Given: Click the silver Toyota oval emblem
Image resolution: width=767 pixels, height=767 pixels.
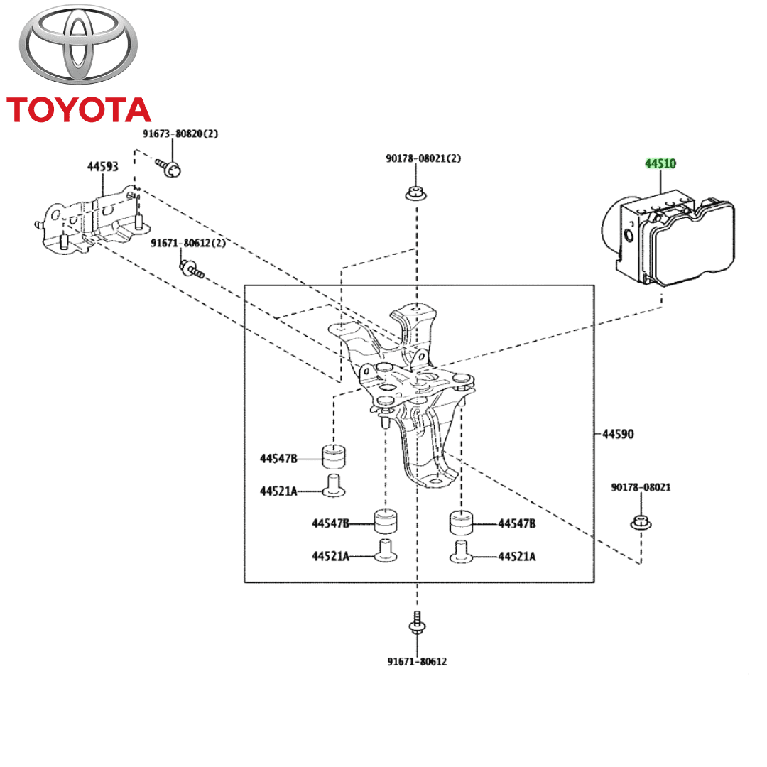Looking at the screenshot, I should (x=78, y=48).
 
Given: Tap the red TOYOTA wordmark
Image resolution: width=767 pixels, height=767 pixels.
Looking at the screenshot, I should (x=78, y=110).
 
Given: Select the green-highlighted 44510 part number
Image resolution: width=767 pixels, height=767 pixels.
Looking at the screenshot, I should (x=660, y=164).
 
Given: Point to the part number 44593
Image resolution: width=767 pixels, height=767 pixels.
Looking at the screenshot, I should (x=103, y=167).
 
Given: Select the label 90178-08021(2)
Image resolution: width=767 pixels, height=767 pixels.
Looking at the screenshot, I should (x=423, y=158).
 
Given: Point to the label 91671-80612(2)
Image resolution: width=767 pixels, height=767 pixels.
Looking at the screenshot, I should (x=187, y=243).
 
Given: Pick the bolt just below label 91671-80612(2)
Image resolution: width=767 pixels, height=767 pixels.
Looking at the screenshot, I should (x=191, y=268).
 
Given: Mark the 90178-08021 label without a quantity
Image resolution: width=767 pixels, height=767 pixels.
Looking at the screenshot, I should (x=641, y=487).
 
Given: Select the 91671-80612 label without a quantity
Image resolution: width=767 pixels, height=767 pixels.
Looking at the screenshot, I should (x=417, y=661).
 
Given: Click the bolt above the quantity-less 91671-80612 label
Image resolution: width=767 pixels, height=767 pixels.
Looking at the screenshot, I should (x=417, y=623).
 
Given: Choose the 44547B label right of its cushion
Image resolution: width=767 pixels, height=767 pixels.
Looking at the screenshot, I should (x=516, y=524).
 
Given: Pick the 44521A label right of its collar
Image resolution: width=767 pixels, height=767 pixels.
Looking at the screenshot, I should (x=516, y=557).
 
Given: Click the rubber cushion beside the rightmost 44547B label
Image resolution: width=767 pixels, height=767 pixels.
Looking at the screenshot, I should (x=462, y=524).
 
